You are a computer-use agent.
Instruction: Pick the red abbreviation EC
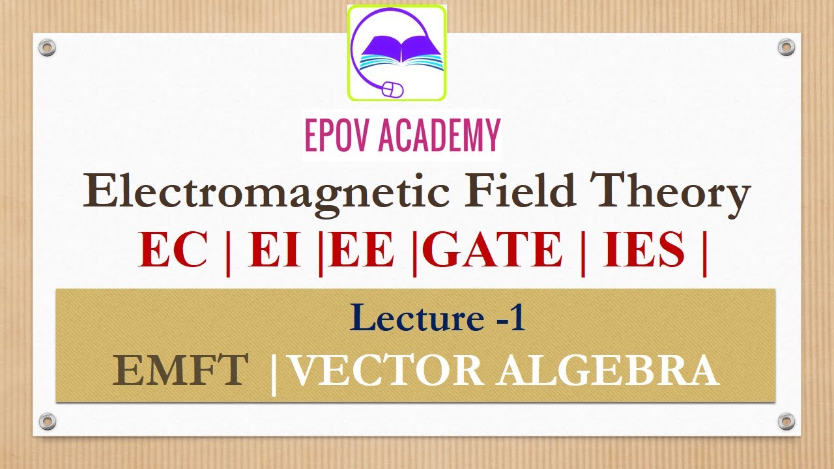coord(173,250)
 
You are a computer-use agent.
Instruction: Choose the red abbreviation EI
coord(274,250)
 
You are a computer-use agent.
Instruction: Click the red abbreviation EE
coord(362,250)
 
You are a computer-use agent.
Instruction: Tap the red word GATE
coord(496,250)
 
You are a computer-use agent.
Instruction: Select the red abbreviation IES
coord(644,250)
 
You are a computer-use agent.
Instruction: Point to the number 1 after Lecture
coord(518,319)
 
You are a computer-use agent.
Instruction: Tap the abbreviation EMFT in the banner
coord(180,371)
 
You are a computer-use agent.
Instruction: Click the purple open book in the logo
coord(397,49)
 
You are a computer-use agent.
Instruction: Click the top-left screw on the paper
coord(47,47)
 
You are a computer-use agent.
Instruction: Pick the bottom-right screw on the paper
coord(786,421)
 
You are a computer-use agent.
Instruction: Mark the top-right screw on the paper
coord(786,47)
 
